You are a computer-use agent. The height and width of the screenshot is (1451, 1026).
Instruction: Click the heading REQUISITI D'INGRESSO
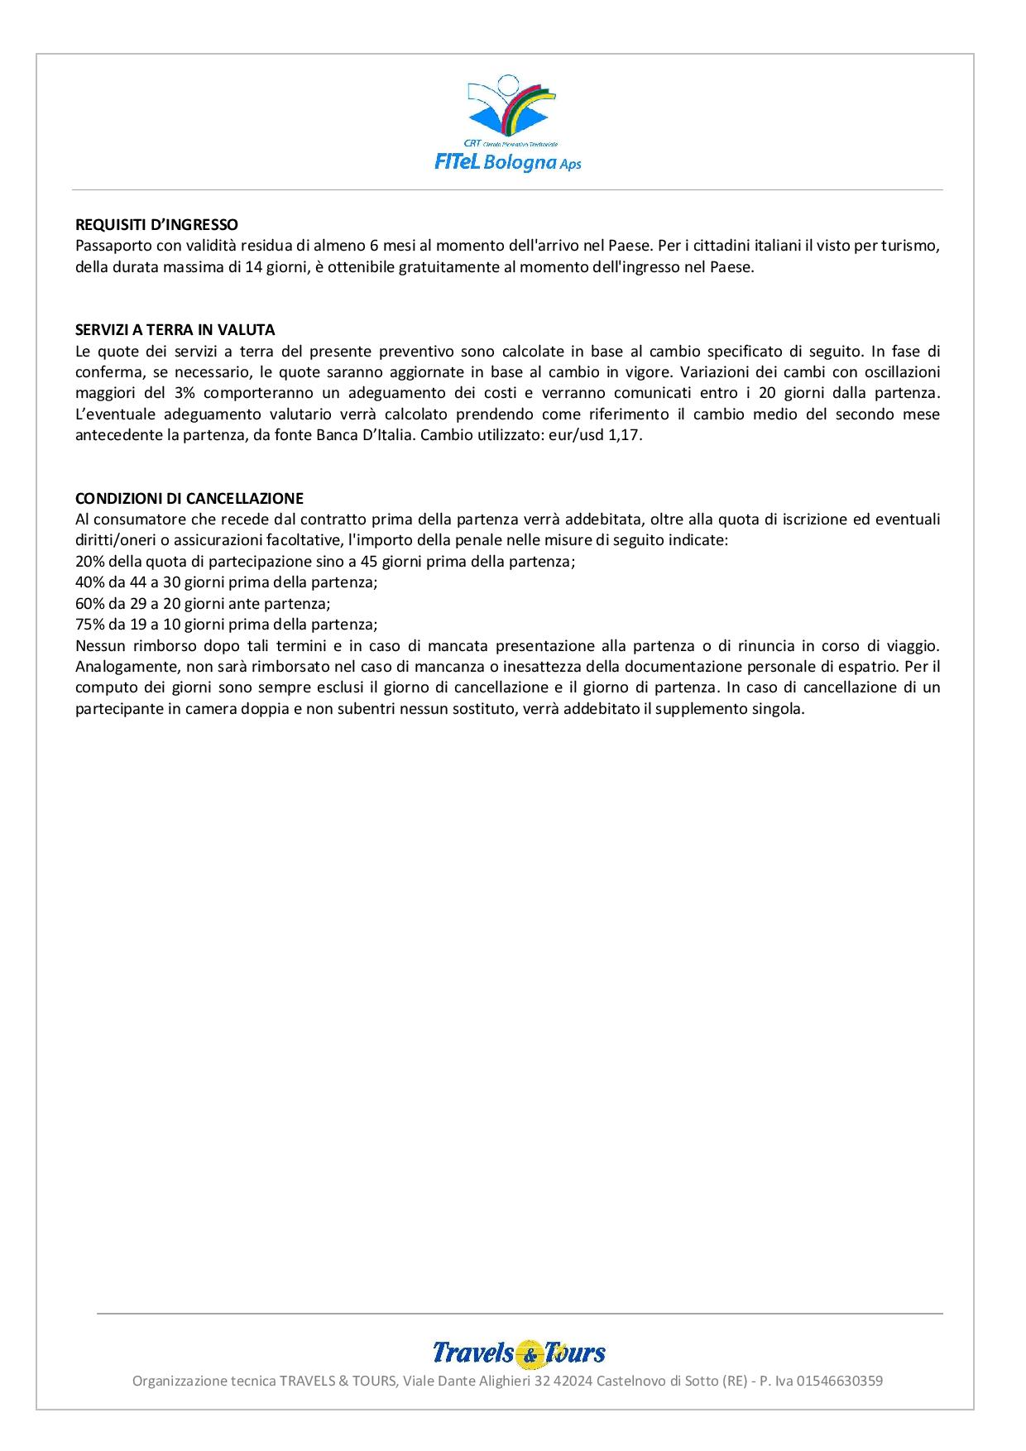156,225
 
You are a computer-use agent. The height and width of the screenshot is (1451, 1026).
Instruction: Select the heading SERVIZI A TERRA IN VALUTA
175,330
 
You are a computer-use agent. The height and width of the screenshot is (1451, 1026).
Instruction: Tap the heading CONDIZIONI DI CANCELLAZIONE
189,499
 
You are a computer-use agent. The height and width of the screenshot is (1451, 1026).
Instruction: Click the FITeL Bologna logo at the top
508,123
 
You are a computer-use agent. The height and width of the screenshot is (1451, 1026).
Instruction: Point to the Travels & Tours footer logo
519,1353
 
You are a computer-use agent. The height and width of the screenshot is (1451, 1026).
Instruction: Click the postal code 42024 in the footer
573,1381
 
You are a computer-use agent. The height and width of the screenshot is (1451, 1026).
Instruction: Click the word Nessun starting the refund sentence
99,646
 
